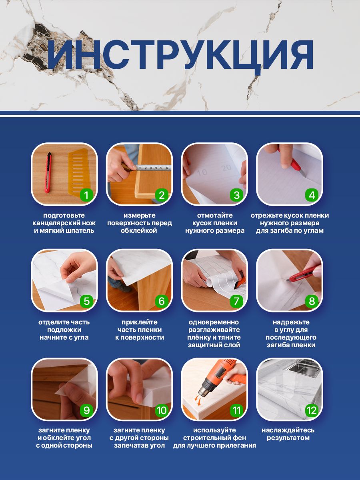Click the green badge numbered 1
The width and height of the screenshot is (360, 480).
(x=86, y=195)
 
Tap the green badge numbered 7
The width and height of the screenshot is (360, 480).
(x=236, y=301)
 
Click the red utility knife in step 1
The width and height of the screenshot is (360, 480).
(x=48, y=173)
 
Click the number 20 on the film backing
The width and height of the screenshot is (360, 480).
(x=226, y=168)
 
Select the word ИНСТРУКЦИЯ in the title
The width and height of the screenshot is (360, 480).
(x=180, y=55)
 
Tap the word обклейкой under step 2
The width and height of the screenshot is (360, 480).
(x=139, y=230)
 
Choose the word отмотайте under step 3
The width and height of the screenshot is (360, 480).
(x=215, y=215)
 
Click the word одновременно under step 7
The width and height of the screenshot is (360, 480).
(x=214, y=322)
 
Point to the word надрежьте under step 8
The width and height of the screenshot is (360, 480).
(x=291, y=322)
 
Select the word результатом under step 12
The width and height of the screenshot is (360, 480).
(x=288, y=438)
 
